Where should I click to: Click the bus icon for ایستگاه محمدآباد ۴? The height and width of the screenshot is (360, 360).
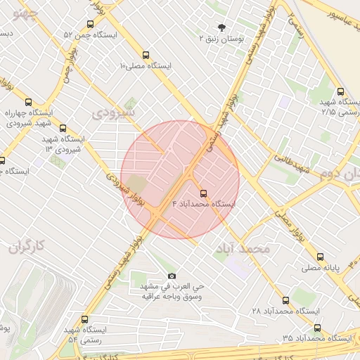click(204, 192)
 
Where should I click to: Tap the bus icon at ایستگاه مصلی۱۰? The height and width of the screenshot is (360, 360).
click(146, 54)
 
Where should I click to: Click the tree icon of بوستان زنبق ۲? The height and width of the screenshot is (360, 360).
click(222, 28)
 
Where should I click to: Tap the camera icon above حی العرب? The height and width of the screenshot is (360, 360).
click(172, 276)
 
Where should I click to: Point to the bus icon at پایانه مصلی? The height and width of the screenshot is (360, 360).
click(321, 257)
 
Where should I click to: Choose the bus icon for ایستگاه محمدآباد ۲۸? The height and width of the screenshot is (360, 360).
click(285, 300)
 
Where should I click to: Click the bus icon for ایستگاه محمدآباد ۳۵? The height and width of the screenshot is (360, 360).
click(317, 328)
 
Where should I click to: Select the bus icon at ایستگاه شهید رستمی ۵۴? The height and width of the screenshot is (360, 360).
click(84, 319)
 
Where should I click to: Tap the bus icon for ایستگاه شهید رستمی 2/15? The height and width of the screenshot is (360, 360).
click(341, 91)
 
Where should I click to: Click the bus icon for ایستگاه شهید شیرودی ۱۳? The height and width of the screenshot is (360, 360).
click(63, 129)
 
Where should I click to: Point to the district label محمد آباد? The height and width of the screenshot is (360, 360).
click(243, 250)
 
